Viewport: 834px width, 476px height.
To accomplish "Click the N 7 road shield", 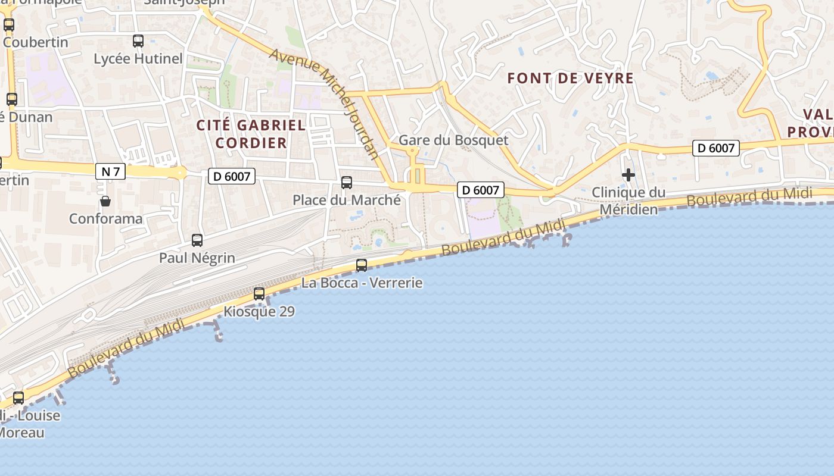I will (110, 172).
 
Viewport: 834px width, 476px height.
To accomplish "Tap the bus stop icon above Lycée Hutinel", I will (138, 41).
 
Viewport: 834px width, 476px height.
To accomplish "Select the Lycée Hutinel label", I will (138, 59).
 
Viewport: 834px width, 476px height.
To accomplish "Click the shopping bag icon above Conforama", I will (105, 201).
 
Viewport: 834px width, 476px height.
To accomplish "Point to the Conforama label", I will (106, 218).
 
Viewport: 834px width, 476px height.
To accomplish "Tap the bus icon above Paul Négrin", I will (197, 240).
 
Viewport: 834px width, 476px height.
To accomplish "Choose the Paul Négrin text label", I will (197, 258).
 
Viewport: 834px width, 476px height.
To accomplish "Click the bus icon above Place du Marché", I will (347, 183).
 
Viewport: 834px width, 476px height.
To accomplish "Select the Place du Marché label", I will (347, 201).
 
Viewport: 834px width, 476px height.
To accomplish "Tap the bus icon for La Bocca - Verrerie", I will (362, 265).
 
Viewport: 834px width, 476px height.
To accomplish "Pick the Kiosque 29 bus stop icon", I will (259, 294).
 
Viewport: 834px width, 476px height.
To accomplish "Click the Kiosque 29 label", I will (259, 312).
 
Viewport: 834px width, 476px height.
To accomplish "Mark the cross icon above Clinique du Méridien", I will (628, 175).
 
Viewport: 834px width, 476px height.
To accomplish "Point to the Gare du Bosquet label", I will (453, 140).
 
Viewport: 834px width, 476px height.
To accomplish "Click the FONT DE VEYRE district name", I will (571, 78).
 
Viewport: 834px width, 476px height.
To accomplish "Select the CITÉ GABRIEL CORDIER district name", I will (251, 134).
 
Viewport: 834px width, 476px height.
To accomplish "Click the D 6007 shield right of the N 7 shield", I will (232, 176).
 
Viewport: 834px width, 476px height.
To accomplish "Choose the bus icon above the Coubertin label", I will (9, 25).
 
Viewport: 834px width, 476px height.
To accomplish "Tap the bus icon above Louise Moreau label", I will (19, 398).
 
